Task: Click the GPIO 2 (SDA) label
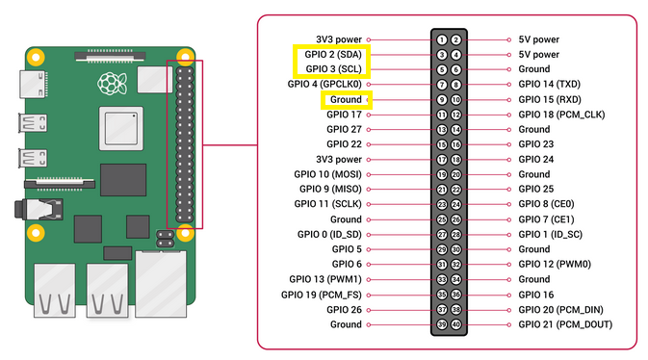[329, 55]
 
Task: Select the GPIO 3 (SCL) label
[329, 69]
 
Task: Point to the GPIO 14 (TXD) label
[549, 85]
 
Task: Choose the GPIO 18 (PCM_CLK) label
[559, 115]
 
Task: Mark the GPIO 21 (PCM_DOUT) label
[564, 324]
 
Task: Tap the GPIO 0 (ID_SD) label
[329, 235]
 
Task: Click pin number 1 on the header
[440, 39]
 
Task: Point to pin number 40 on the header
[456, 324]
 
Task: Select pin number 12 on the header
[456, 115]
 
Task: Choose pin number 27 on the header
[440, 235]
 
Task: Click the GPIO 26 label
[344, 310]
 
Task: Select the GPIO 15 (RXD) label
[549, 99]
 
